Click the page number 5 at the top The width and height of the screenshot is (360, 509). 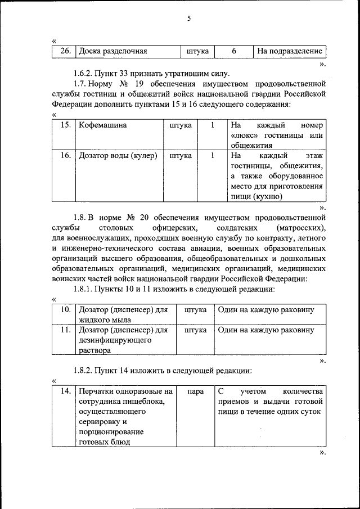[189, 19]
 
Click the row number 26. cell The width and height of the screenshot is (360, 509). [65, 51]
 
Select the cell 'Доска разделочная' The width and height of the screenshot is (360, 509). [113, 51]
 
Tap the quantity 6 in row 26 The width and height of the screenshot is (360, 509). [233, 51]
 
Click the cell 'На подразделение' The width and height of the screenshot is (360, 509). [289, 51]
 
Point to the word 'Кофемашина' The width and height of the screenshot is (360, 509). [103, 125]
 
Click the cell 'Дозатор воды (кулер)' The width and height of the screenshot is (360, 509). [118, 155]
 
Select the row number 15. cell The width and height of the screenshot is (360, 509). [65, 125]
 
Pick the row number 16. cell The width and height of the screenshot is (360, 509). [65, 155]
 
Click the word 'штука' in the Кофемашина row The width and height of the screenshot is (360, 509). [181, 125]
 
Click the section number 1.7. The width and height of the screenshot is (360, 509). [81, 84]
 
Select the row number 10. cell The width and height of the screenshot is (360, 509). [65, 310]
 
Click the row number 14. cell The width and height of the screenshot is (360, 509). [65, 391]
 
